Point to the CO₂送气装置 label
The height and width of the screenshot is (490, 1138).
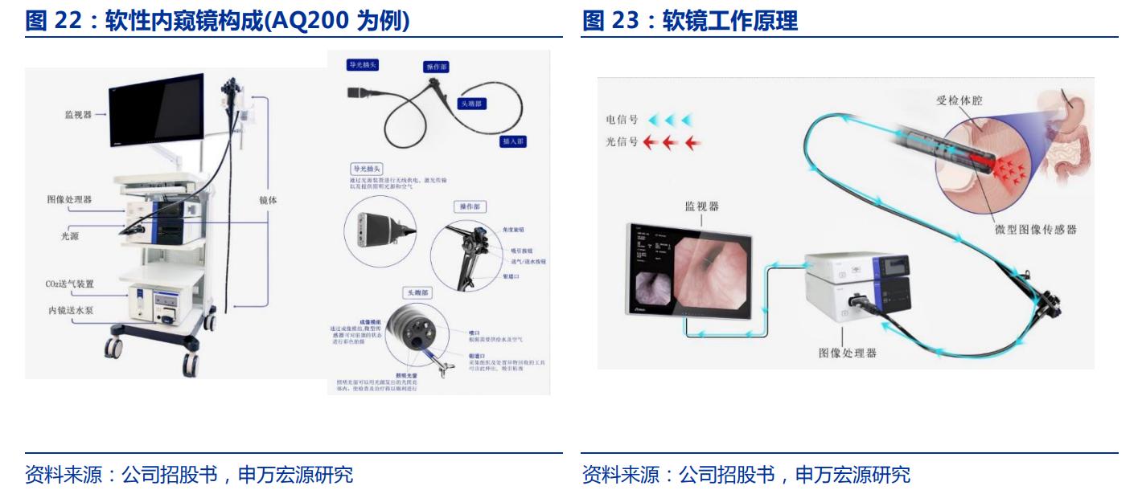tap(69, 284)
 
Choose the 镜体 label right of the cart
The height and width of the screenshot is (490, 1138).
tap(268, 200)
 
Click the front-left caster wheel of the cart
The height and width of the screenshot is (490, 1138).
tap(113, 347)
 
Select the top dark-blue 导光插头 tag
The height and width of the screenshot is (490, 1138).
tap(362, 63)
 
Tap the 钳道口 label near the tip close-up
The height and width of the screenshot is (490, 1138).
tap(475, 351)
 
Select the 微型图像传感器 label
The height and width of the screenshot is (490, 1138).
tap(1035, 230)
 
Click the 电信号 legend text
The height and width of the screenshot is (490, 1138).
tap(622, 120)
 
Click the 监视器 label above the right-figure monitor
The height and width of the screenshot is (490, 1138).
tap(703, 207)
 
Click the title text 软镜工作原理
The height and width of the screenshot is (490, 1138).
tap(730, 22)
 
